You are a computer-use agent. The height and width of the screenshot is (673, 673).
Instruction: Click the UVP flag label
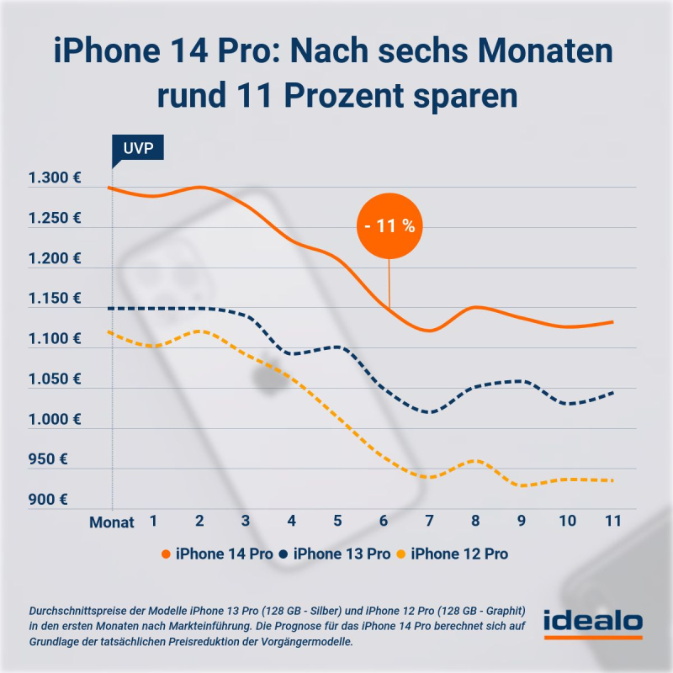coord(138,150)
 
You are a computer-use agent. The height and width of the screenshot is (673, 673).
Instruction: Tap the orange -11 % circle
coord(389,226)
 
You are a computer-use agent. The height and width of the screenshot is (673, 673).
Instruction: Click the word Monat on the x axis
coord(112,522)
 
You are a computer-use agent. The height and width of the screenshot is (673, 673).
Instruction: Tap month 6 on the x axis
coord(384,521)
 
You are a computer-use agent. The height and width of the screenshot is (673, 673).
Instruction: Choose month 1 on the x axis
coord(154,521)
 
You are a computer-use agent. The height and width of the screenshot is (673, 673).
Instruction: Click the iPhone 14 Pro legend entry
coord(215,554)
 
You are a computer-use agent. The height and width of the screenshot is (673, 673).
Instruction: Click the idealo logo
coord(593,624)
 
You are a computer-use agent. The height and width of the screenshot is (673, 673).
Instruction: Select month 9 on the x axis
coord(521,521)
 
